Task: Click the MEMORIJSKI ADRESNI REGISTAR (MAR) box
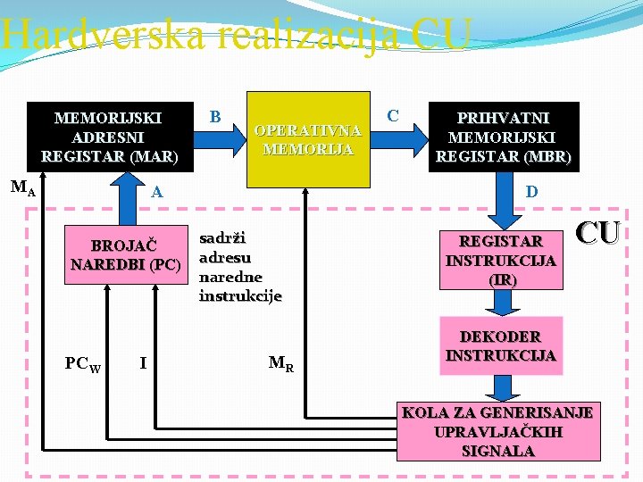pos(110,137)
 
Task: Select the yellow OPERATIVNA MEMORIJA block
pos(307,139)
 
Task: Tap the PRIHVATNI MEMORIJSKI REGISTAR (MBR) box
pos(502,137)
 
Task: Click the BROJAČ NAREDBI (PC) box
pos(125,254)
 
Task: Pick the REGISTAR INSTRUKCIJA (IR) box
pos(500,258)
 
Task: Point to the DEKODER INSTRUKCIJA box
pos(500,345)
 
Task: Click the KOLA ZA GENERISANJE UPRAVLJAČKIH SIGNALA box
pos(497,432)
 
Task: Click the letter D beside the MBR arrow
pos(531,191)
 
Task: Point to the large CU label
pos(597,233)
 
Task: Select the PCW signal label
pos(83,363)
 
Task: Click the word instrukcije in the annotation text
pos(240,295)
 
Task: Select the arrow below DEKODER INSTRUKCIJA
pos(500,386)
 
